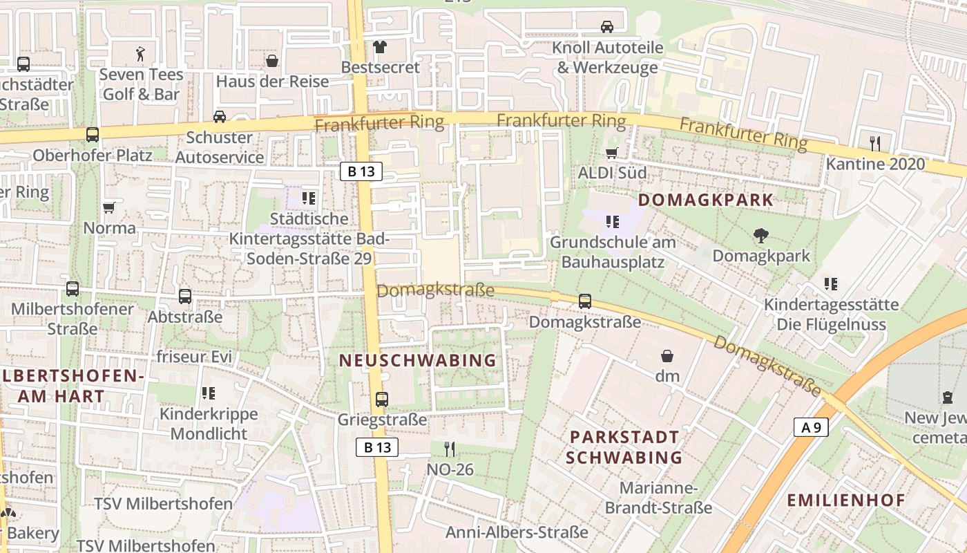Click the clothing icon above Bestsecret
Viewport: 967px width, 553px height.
(x=379, y=47)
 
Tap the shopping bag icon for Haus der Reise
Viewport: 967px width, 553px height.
(x=272, y=61)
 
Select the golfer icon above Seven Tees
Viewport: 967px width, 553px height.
(x=141, y=54)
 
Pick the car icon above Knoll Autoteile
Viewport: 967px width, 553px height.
(x=607, y=27)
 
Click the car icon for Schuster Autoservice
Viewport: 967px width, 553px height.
(x=220, y=116)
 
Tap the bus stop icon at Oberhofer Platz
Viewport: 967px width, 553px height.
(x=93, y=135)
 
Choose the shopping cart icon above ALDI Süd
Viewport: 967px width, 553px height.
(x=611, y=153)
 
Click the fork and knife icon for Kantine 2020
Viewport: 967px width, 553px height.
(x=875, y=143)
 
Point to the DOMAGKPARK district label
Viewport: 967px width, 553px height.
(x=705, y=200)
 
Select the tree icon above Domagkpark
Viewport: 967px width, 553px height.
(x=761, y=236)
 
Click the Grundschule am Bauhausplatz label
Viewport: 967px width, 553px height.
(x=613, y=252)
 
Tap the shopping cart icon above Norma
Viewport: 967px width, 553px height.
(x=109, y=207)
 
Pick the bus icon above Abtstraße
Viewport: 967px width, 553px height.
(x=185, y=297)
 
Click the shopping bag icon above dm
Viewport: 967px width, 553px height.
(x=667, y=356)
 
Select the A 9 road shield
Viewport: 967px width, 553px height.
(x=810, y=427)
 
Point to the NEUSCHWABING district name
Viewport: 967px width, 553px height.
(x=417, y=360)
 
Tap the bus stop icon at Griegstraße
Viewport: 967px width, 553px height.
(x=381, y=399)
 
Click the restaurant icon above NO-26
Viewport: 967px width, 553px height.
(x=450, y=449)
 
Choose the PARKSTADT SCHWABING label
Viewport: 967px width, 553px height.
(x=624, y=447)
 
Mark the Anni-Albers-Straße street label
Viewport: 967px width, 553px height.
(x=517, y=532)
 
